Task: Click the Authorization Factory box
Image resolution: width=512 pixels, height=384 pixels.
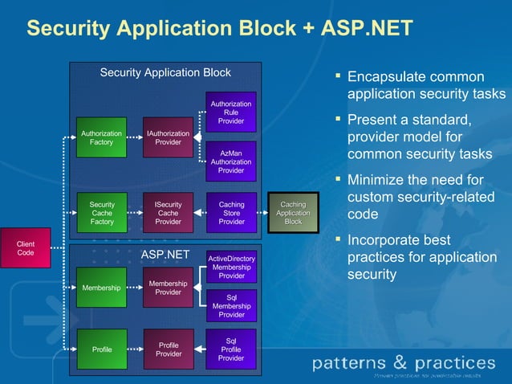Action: click(101, 138)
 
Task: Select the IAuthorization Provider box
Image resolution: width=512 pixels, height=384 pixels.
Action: click(168, 138)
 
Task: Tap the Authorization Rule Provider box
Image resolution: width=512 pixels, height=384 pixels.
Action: click(231, 112)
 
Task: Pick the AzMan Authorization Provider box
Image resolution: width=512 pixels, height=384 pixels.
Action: click(231, 161)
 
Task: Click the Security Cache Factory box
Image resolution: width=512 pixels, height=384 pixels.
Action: click(101, 214)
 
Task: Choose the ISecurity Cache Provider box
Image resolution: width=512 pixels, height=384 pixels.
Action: click(168, 214)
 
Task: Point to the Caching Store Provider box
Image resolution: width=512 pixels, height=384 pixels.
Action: click(231, 214)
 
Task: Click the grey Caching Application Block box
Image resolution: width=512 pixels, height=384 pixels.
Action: click(293, 214)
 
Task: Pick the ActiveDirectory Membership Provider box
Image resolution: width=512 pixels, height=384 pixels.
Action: click(231, 267)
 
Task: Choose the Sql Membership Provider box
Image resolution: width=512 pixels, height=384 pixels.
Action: click(231, 306)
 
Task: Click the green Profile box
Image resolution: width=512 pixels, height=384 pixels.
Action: click(101, 350)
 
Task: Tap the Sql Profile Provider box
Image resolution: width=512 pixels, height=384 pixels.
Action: click(231, 349)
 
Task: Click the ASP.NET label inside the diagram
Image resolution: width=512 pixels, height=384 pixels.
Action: click(165, 255)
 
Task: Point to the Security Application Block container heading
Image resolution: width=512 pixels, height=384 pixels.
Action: click(165, 73)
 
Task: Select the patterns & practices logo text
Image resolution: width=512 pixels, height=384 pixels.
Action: click(403, 363)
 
